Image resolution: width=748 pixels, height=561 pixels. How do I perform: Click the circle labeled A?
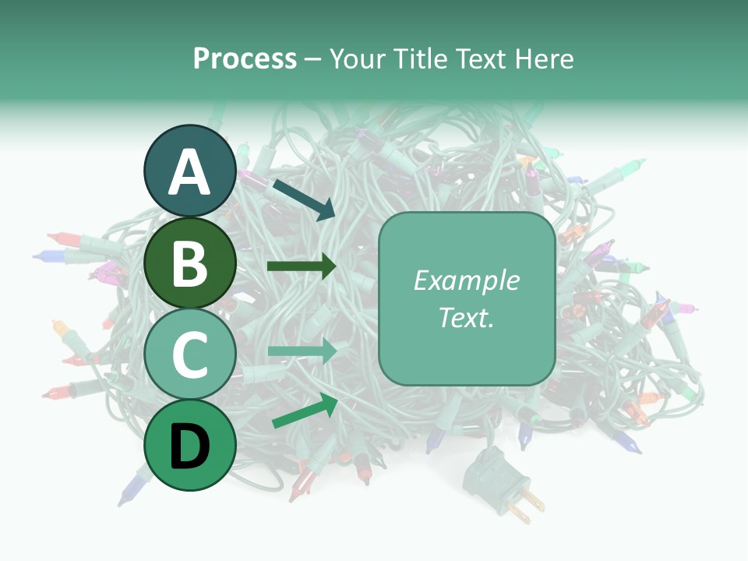click(190, 171)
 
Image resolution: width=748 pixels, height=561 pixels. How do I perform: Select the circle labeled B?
click(190, 263)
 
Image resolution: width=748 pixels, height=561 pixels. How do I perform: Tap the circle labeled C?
click(190, 355)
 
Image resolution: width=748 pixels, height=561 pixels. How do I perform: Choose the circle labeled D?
click(190, 445)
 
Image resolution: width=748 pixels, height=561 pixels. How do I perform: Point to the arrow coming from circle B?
click(302, 266)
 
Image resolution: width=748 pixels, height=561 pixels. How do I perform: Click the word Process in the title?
click(245, 59)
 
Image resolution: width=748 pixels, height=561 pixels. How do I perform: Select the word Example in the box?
click(466, 280)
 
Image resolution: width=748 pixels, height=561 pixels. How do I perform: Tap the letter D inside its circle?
click(190, 446)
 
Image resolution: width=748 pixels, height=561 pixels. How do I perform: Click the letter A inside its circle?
click(190, 173)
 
